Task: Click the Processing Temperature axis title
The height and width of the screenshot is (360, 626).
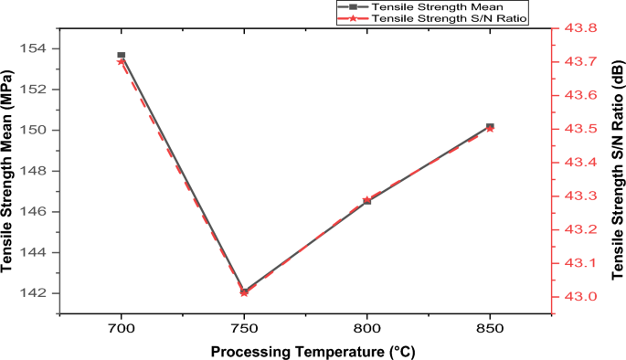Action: click(x=305, y=351)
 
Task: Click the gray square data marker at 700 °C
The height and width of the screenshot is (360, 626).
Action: click(x=121, y=56)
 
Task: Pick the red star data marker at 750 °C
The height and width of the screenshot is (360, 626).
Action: click(x=244, y=292)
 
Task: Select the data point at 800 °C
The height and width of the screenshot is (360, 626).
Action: click(x=367, y=200)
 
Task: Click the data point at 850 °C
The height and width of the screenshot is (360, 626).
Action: click(x=490, y=127)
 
